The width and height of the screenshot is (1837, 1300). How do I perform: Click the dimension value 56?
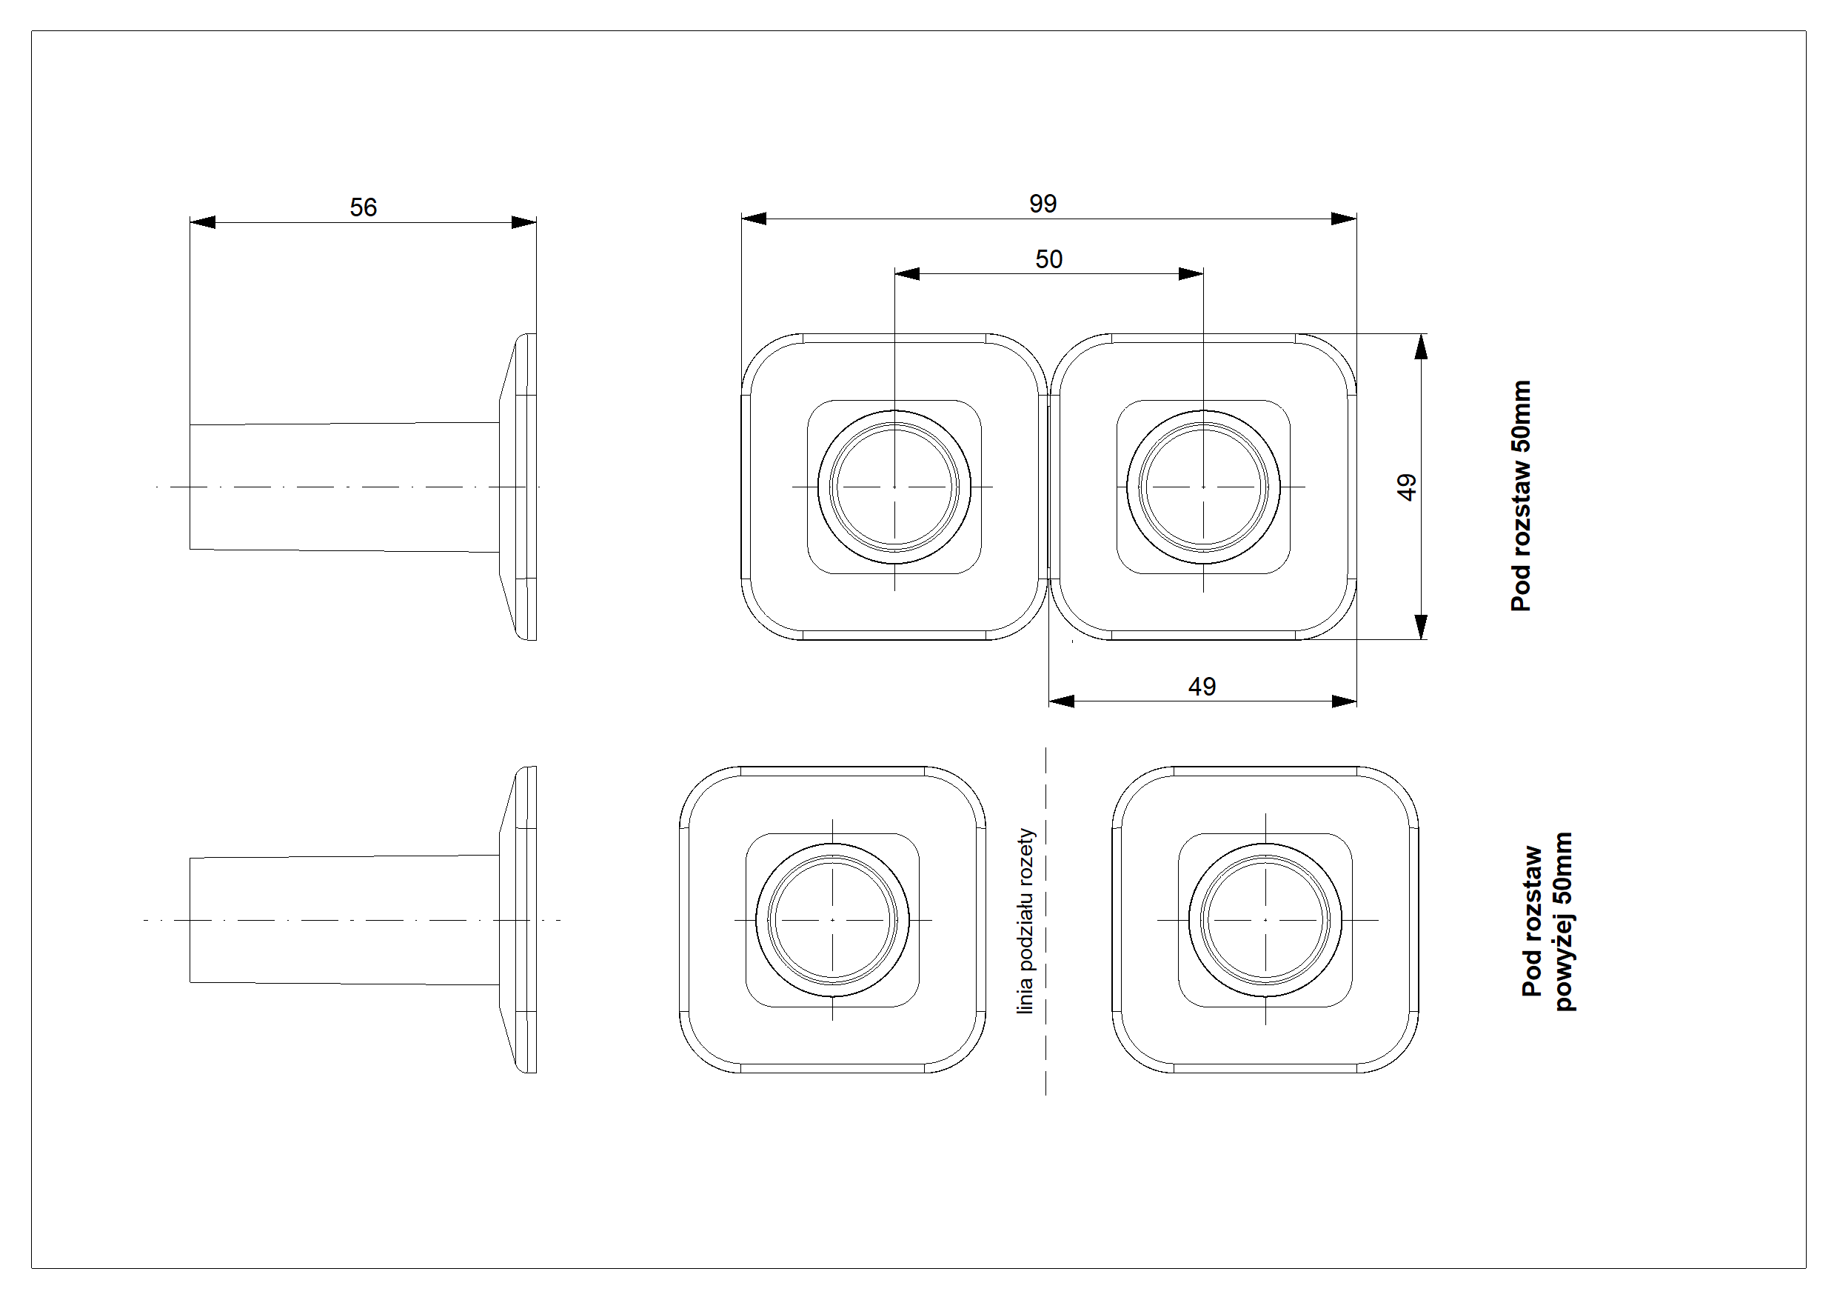[364, 207]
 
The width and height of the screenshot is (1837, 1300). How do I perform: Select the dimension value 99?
[1043, 203]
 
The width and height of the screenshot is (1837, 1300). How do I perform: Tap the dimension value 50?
[1048, 259]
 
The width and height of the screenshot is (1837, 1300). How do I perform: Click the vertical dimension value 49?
[1406, 487]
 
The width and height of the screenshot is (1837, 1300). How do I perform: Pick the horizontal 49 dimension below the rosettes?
[1202, 686]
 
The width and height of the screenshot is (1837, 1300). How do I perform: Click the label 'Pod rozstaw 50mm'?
[1521, 496]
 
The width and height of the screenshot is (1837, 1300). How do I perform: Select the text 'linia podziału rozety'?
[1026, 921]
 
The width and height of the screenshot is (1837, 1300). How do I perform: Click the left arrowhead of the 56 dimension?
[201, 221]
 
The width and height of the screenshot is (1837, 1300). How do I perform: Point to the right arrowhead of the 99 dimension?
[1344, 219]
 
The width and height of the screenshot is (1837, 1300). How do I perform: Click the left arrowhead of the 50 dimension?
[906, 274]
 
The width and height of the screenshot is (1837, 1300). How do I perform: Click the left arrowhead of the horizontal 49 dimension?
[1061, 701]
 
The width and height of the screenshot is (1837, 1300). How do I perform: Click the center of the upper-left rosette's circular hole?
[894, 487]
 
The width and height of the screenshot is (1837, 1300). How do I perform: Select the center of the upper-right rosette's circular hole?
[1203, 487]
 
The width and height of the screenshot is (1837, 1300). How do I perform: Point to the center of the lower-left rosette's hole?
[833, 920]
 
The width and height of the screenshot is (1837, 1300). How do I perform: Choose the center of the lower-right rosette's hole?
[1265, 920]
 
